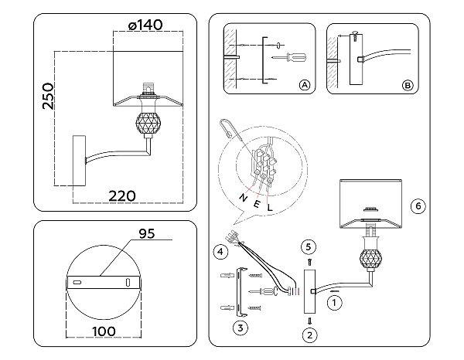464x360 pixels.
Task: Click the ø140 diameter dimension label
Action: pos(145,25)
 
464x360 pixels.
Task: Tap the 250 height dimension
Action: pos(48,97)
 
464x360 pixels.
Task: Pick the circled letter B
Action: pos(408,85)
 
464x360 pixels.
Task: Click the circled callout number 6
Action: pos(417,206)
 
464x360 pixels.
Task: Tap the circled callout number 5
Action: pos(309,247)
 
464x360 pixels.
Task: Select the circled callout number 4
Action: pos(220,251)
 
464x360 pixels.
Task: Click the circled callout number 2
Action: pos(309,335)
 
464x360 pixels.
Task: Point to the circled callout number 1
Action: pos(334,303)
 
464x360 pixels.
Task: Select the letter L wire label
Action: pos(270,209)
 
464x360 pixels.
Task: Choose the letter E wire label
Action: pos(257,204)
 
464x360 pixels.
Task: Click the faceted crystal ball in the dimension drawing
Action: pos(148,122)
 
